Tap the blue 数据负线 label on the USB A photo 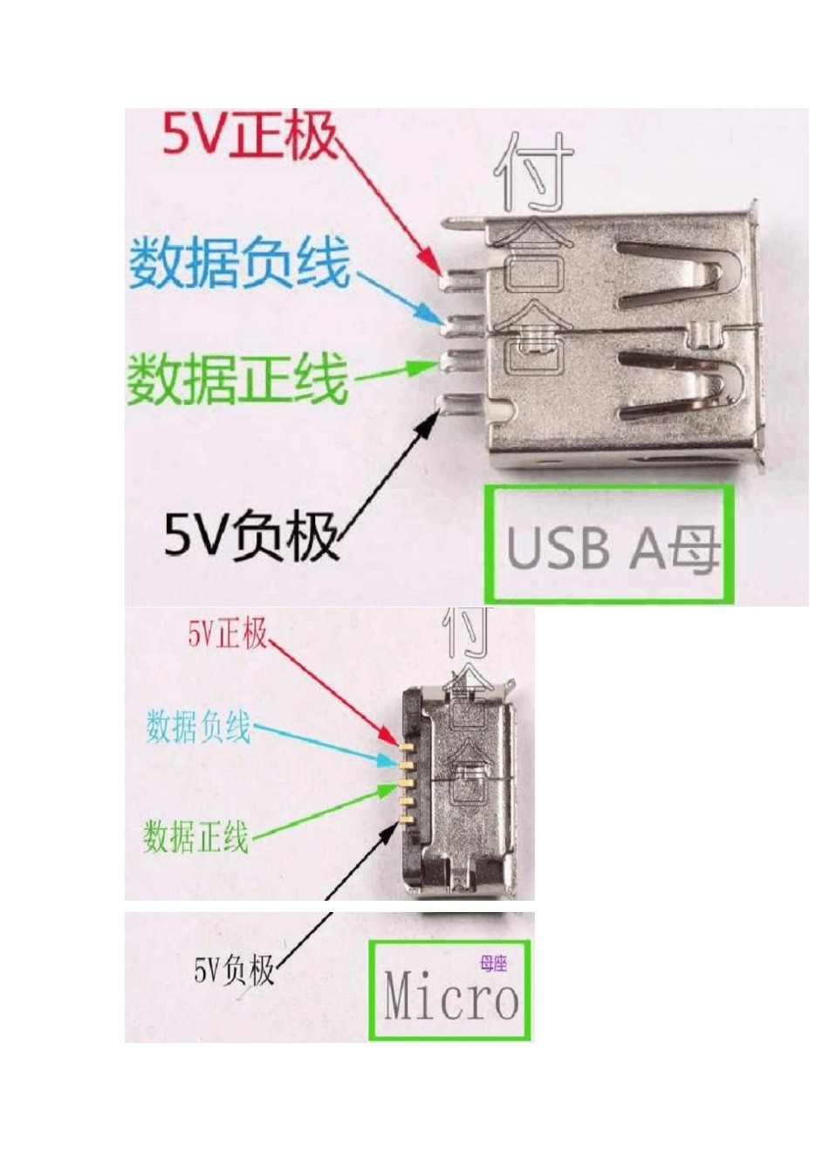point(240,263)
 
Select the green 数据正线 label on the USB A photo point(238,379)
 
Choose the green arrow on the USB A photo point(393,373)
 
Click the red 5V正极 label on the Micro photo point(228,633)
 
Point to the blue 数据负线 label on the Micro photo point(198,726)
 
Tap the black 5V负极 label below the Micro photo point(234,970)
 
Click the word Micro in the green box point(450,997)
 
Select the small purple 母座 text point(493,964)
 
